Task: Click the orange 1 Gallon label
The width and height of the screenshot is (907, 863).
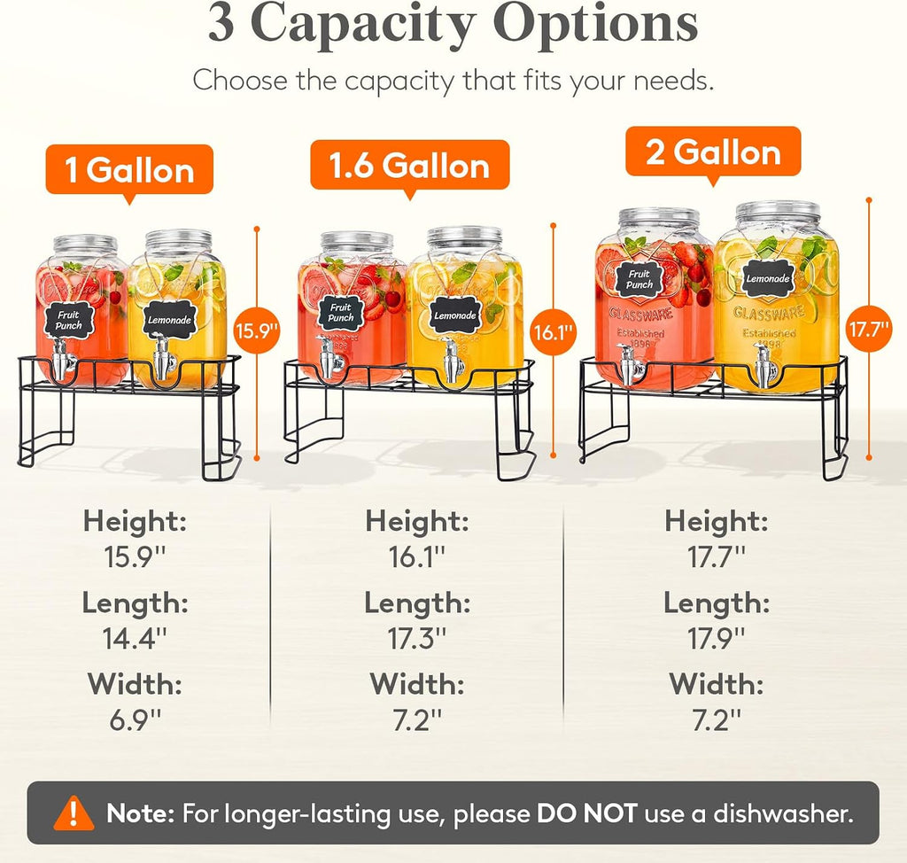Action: click(x=129, y=170)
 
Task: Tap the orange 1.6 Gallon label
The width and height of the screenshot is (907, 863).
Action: click(x=409, y=166)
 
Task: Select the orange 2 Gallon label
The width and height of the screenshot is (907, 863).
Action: click(x=713, y=152)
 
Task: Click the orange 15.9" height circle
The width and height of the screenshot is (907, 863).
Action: click(x=257, y=331)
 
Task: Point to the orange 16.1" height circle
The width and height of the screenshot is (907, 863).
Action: click(x=553, y=331)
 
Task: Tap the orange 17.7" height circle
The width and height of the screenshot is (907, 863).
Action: click(x=868, y=329)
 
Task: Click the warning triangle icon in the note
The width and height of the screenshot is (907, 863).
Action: click(x=74, y=813)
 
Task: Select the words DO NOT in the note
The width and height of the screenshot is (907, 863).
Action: click(x=586, y=813)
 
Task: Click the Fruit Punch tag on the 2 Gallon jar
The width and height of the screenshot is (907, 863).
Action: click(x=639, y=280)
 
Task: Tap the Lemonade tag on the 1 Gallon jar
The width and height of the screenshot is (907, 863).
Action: click(x=169, y=320)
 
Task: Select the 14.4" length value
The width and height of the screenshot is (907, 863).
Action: click(x=135, y=639)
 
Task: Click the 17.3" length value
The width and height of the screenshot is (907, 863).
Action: click(x=417, y=639)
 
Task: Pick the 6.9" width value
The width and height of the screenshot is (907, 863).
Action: click(x=135, y=720)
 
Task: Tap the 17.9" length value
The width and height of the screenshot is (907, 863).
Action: click(x=716, y=639)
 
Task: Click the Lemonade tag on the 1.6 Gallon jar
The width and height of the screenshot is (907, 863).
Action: click(x=455, y=315)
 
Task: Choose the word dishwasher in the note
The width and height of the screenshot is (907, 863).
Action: click(x=783, y=813)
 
